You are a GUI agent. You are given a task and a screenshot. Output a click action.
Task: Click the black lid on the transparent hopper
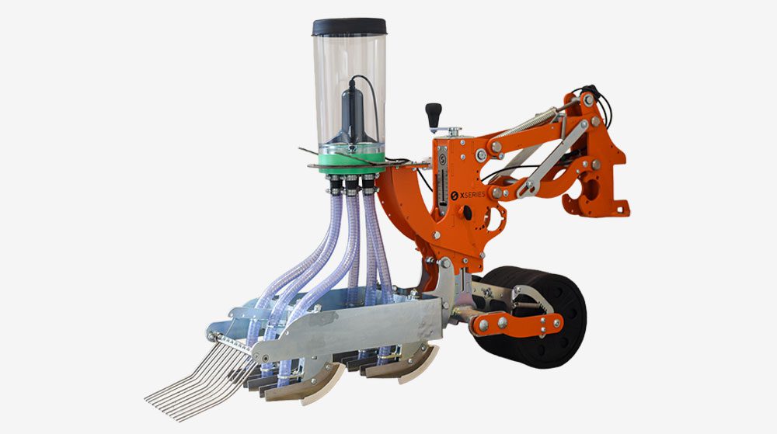350,26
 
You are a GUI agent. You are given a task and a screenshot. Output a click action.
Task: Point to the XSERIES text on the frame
472,195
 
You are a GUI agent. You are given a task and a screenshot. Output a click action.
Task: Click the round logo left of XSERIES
455,196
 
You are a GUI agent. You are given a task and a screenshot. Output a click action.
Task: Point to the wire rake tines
198,381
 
